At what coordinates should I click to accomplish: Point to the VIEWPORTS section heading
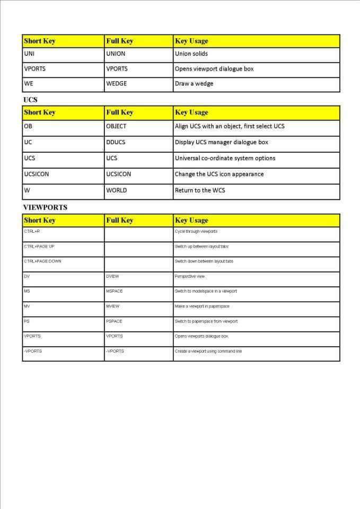[x=45, y=207]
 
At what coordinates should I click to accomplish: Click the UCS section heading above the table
[x=30, y=99]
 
